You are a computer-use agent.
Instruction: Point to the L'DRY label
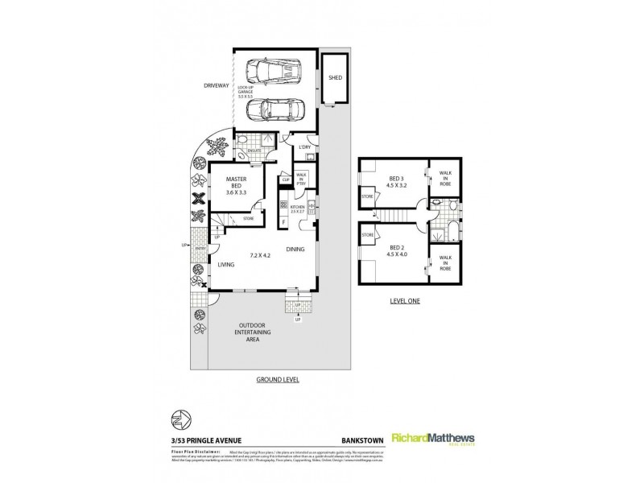tap(305, 148)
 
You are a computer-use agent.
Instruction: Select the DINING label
tap(295, 250)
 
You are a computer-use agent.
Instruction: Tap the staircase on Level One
tap(396, 216)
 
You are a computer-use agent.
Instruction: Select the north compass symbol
tap(179, 420)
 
